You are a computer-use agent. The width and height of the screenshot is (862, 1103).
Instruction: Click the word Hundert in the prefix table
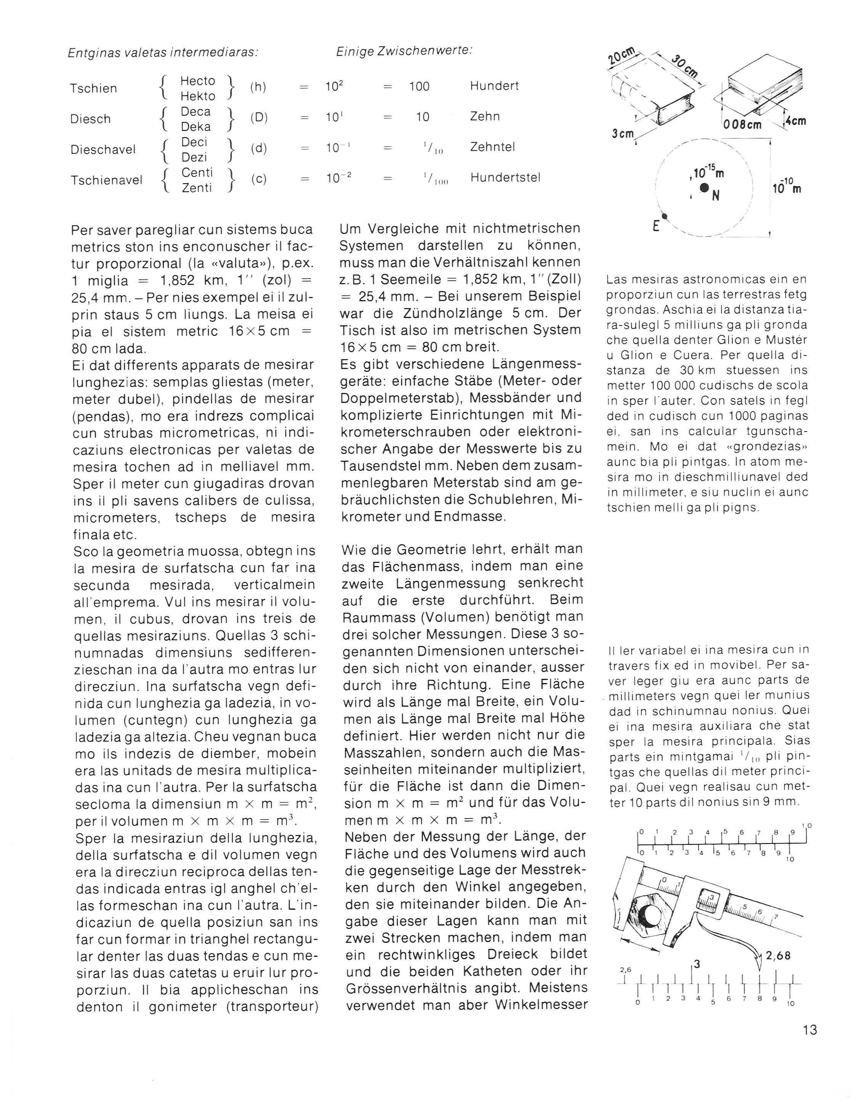(x=494, y=86)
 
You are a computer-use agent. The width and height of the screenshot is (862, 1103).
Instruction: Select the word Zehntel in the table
(x=492, y=147)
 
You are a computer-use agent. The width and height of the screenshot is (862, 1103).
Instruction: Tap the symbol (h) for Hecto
(x=258, y=87)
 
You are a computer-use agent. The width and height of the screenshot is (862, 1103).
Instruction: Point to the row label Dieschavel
(x=103, y=150)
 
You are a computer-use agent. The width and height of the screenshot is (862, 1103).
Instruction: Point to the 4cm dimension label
(x=795, y=121)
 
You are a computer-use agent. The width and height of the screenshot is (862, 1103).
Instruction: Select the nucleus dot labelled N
(x=703, y=188)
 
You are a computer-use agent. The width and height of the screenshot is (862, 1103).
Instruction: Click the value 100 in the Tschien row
(x=420, y=86)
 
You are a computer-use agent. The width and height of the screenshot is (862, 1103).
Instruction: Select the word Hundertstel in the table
(x=505, y=178)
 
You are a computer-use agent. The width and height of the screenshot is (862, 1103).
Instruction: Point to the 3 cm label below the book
(x=623, y=134)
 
